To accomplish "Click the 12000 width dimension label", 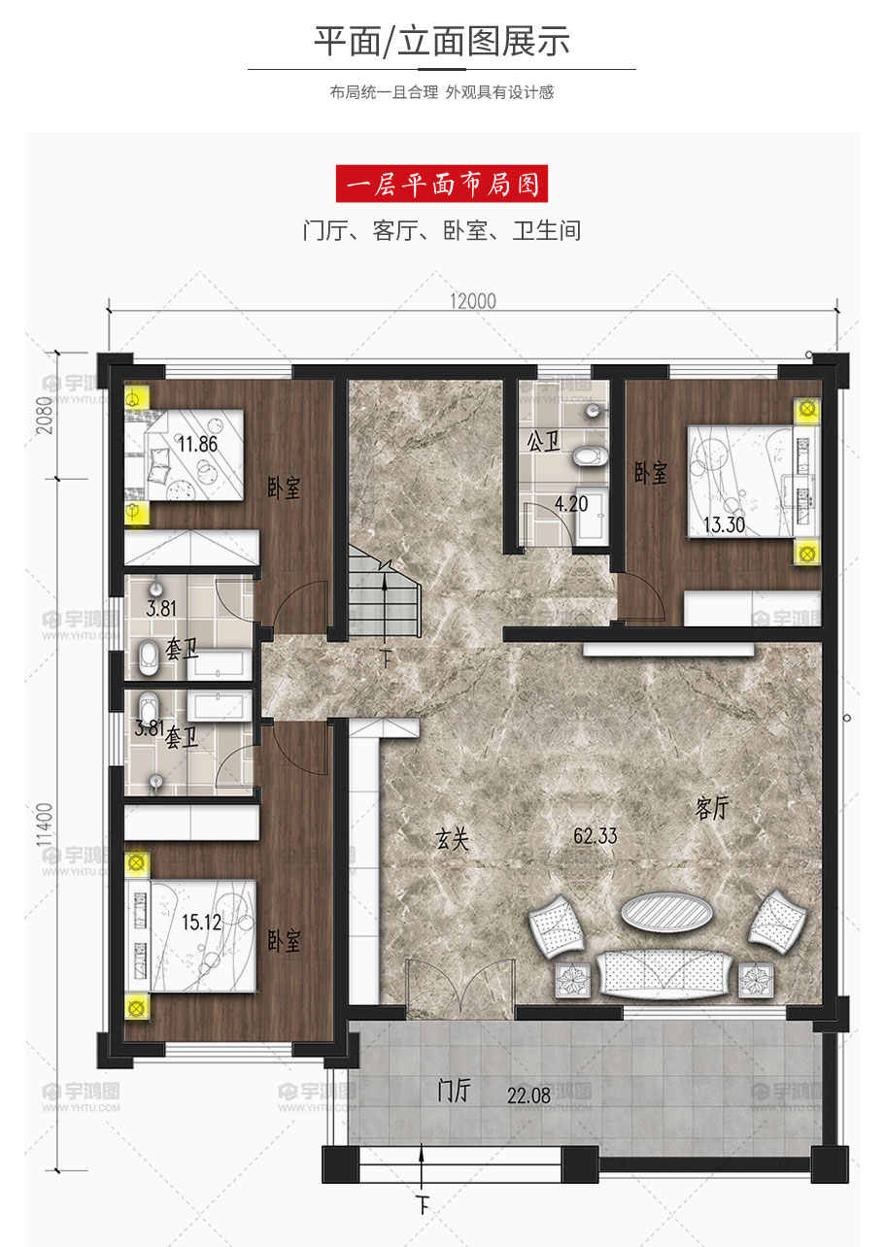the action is [473, 301].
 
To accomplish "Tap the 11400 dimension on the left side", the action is [45, 825].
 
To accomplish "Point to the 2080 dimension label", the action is [45, 416].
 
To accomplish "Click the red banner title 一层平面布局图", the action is [442, 184].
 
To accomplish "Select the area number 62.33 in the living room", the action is [595, 835].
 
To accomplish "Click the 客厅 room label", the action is [711, 808].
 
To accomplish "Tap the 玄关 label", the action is [452, 839].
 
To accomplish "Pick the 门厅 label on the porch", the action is [455, 1090].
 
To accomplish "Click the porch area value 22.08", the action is [528, 1095].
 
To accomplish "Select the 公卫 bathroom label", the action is [543, 442].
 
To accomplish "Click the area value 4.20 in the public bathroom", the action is [571, 504].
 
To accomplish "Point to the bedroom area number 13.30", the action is [724, 524].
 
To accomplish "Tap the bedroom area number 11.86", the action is [197, 444].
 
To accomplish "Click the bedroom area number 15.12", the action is [201, 923].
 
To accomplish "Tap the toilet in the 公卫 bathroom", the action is [590, 455].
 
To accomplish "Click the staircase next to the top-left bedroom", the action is [384, 591].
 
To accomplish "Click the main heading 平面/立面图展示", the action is [442, 41].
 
